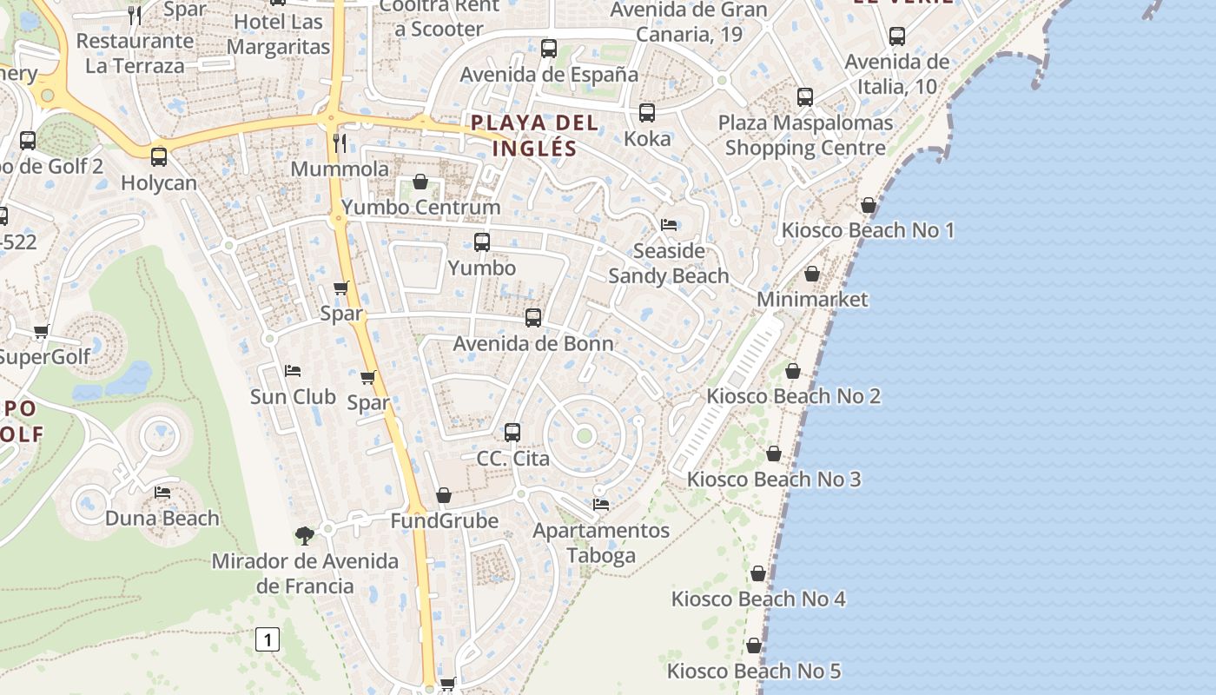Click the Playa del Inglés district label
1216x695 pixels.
click(x=535, y=135)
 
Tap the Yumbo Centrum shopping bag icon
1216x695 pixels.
click(x=420, y=182)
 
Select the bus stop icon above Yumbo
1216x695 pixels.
click(x=482, y=242)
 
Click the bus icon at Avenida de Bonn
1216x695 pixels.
click(x=533, y=318)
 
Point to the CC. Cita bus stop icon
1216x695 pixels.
click(x=512, y=432)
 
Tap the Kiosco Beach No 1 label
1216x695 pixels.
click(x=868, y=230)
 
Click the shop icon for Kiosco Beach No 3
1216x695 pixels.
click(x=774, y=453)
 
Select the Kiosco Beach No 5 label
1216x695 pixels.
click(x=754, y=671)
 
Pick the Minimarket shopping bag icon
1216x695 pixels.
click(x=812, y=274)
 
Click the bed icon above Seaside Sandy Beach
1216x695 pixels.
click(x=669, y=224)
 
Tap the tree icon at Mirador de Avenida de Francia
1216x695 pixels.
click(x=304, y=535)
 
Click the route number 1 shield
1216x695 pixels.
click(x=268, y=640)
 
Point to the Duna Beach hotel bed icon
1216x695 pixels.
click(x=162, y=493)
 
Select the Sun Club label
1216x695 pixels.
click(x=293, y=396)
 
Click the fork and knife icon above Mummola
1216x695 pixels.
click(x=340, y=142)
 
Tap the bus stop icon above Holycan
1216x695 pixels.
click(x=159, y=157)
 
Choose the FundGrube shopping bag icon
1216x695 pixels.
click(x=444, y=495)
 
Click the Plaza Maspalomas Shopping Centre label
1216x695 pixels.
click(x=805, y=135)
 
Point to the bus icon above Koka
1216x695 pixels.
click(x=647, y=113)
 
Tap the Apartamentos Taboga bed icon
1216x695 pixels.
click(x=600, y=504)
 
